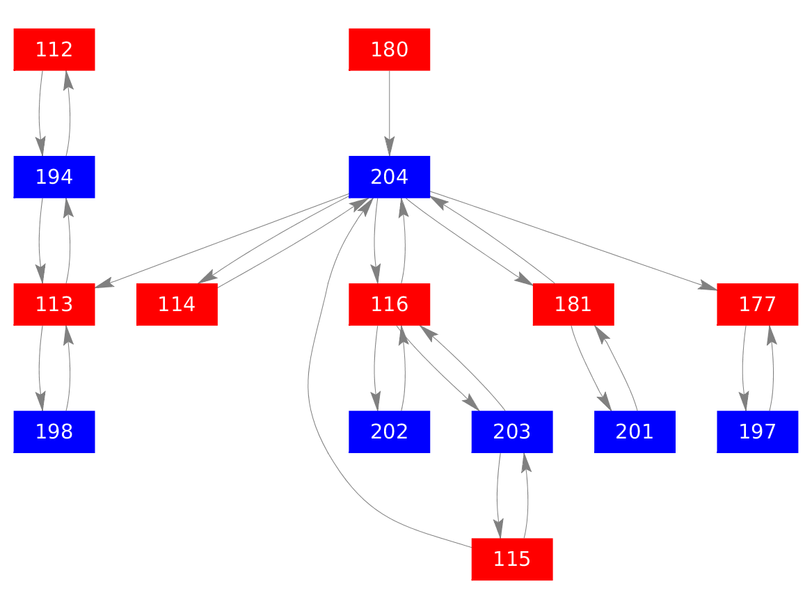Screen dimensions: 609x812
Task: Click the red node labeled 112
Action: coord(54,49)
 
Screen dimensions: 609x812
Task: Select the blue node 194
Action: coord(54,177)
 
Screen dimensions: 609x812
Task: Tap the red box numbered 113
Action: coord(54,304)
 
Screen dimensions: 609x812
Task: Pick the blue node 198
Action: coord(54,432)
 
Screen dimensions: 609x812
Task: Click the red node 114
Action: coord(177,304)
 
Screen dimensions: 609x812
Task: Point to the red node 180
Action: coord(389,49)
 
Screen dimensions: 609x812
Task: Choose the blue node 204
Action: coord(389,177)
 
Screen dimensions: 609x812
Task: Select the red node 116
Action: coord(389,304)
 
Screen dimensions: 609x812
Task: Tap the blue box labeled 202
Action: coord(389,432)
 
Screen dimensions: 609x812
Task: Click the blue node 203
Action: coord(511,432)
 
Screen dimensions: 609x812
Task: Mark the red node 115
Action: coord(511,559)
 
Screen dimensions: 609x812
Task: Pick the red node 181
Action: coord(573,304)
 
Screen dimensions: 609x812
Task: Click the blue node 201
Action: coord(635,432)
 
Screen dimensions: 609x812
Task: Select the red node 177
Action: coord(757,304)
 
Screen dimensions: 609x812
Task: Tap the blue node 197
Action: coord(757,432)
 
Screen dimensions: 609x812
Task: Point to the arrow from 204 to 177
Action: coord(571,239)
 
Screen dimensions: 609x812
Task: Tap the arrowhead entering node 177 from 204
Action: coord(708,285)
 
